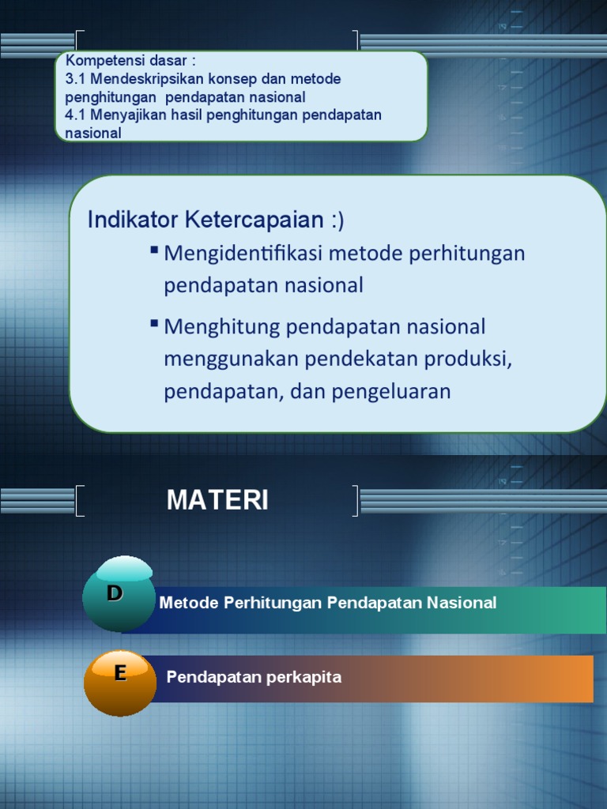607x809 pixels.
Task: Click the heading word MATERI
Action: click(217, 500)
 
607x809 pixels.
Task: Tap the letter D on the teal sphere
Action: click(115, 593)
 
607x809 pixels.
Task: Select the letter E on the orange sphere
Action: click(120, 672)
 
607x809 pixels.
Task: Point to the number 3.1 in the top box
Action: click(76, 80)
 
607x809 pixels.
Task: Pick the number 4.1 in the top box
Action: click(76, 115)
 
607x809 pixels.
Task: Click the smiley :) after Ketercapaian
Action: click(337, 220)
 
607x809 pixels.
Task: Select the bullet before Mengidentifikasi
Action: click(154, 250)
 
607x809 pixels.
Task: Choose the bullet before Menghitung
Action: click(154, 323)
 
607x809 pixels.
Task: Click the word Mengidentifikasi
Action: click(243, 254)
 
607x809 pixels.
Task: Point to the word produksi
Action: click(469, 359)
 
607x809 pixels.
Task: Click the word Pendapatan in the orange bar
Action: click(214, 678)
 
